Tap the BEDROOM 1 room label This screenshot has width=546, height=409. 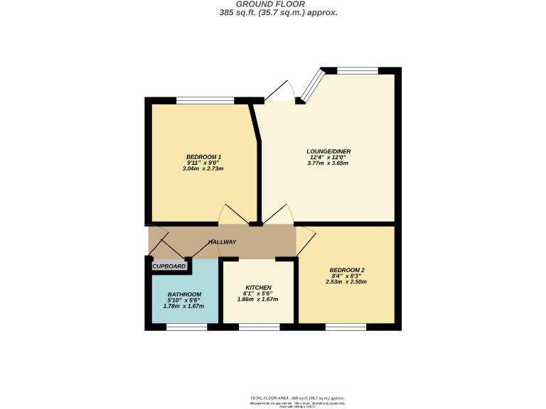click(x=204, y=157)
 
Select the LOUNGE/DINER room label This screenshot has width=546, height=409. click(x=328, y=151)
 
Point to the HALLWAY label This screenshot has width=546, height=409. click(x=223, y=242)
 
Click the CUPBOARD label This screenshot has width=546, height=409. click(x=170, y=266)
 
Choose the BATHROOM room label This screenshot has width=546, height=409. click(x=184, y=294)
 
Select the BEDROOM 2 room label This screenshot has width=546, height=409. click(x=347, y=270)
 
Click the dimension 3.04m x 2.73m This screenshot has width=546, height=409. click(x=204, y=169)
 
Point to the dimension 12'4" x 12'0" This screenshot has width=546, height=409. click(x=328, y=157)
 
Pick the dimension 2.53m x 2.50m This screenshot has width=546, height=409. click(x=347, y=282)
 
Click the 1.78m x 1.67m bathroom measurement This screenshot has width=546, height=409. click(x=184, y=306)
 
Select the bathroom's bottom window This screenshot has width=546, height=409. click(x=187, y=327)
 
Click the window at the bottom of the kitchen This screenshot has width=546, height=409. click(x=259, y=327)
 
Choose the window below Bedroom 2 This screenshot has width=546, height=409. click(x=346, y=327)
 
